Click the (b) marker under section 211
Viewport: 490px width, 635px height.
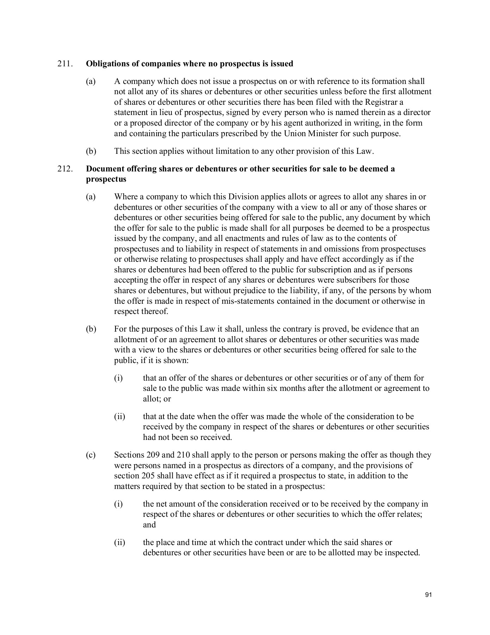[x=91, y=151]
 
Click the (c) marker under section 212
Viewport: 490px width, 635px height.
[x=91, y=455]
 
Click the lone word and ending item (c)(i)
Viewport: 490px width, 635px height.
[x=149, y=525]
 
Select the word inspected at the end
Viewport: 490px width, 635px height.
[x=402, y=552]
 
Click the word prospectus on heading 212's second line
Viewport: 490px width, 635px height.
[x=106, y=179]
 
